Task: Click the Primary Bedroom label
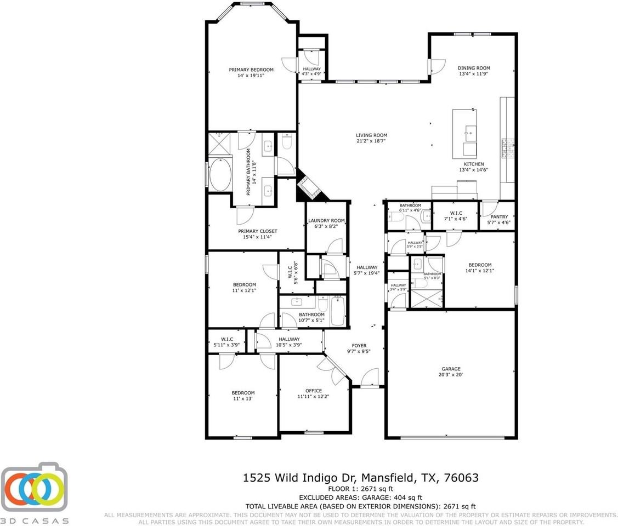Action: (x=251, y=70)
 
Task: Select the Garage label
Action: (x=451, y=369)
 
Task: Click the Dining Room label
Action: (x=474, y=68)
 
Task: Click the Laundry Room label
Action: (x=326, y=220)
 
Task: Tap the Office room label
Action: (x=314, y=391)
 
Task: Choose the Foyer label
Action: (x=359, y=346)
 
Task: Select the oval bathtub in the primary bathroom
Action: (x=220, y=175)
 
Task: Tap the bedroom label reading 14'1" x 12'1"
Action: (x=479, y=270)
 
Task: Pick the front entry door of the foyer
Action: (x=370, y=378)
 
